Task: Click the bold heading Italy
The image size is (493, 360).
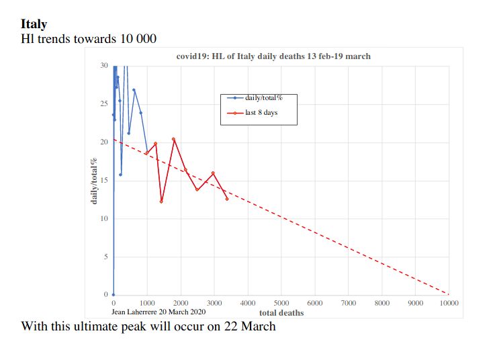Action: [34, 24]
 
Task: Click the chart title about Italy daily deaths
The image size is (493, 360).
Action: [273, 56]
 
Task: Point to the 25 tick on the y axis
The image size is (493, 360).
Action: [103, 104]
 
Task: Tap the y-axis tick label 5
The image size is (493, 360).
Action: [105, 257]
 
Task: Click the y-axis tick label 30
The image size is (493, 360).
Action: [103, 66]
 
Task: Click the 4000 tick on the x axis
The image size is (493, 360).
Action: [247, 304]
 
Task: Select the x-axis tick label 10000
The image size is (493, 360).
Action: [449, 304]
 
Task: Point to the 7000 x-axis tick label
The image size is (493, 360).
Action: [348, 304]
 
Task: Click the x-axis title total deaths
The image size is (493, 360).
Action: [281, 313]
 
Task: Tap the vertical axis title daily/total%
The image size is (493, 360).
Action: [95, 181]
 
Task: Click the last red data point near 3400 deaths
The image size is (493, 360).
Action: [227, 199]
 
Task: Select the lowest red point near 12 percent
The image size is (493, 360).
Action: [161, 201]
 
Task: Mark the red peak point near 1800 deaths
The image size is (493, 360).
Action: [173, 139]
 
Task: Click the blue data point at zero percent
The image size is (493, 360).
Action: [114, 295]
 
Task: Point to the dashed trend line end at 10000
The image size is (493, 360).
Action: [448, 294]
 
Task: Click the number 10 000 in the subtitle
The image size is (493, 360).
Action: [138, 39]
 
